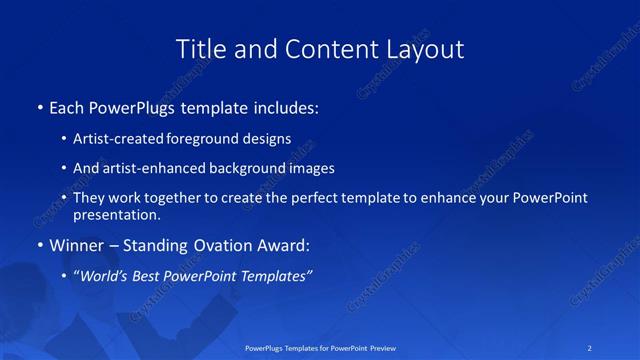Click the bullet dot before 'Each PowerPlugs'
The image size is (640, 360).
coord(39,106)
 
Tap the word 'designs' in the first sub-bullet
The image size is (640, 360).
coord(271,139)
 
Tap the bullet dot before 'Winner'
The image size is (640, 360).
coord(39,245)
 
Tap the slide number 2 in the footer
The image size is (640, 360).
coord(591,348)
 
